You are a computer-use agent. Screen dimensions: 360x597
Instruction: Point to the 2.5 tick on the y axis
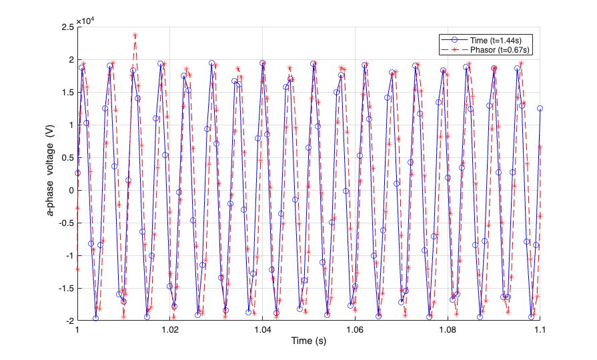coord(67,27)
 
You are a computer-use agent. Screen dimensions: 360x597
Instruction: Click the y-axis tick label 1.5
coord(67,92)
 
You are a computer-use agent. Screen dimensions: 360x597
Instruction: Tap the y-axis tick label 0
coord(70,190)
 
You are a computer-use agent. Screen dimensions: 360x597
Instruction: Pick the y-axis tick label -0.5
coord(65,223)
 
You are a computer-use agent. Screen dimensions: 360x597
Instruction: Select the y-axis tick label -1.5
coord(65,288)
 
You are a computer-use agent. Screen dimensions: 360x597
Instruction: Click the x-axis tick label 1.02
coord(170,330)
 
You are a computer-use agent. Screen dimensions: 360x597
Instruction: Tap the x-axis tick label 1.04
coord(263,330)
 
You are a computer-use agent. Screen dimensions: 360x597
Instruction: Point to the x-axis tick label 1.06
coord(355,330)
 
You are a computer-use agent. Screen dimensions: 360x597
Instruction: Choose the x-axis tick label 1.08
coord(448,330)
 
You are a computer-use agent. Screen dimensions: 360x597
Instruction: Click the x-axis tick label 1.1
coord(540,330)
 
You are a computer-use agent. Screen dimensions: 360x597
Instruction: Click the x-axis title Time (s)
coord(309,341)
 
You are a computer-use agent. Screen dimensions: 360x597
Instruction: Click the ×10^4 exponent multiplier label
coord(86,21)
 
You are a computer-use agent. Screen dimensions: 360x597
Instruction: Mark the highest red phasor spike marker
coord(135,35)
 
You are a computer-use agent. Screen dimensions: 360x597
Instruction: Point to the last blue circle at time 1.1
coord(540,108)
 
